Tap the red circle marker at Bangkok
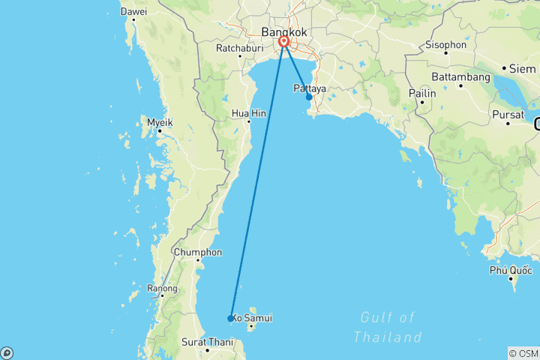(285, 43)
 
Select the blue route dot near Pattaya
(309, 97)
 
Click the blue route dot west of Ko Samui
(230, 319)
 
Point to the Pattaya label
(309, 88)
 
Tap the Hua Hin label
(248, 113)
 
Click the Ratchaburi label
(217, 48)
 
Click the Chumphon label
(197, 252)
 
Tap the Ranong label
(162, 288)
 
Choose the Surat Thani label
(208, 342)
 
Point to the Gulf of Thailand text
(387, 327)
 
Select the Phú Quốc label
(510, 270)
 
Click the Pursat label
(507, 114)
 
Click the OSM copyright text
(523, 353)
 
